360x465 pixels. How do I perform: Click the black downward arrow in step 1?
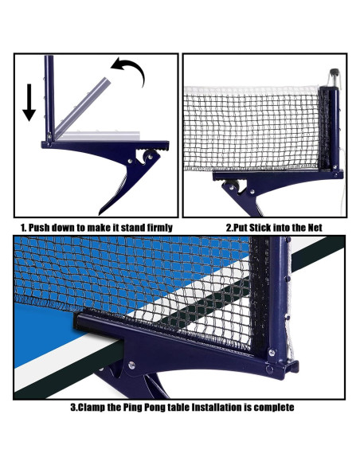click(x=29, y=102)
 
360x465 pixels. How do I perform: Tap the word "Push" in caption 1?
click(x=39, y=228)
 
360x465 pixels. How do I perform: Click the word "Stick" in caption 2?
click(x=260, y=228)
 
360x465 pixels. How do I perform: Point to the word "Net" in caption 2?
click(x=315, y=228)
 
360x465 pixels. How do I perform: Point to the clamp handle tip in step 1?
click(x=101, y=213)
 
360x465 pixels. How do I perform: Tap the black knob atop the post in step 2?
click(x=335, y=72)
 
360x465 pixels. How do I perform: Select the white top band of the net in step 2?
click(x=252, y=90)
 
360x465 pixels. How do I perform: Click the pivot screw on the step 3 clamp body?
click(x=131, y=365)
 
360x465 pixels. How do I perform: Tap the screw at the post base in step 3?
click(x=272, y=353)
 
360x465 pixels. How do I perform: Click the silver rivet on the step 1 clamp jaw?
click(x=130, y=161)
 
